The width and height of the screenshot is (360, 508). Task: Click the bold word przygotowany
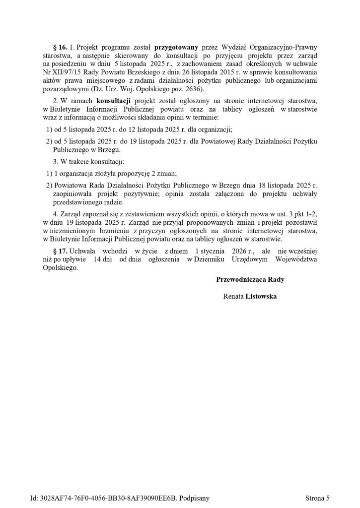coord(182,47)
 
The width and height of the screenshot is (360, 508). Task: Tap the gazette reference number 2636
coord(187,89)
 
